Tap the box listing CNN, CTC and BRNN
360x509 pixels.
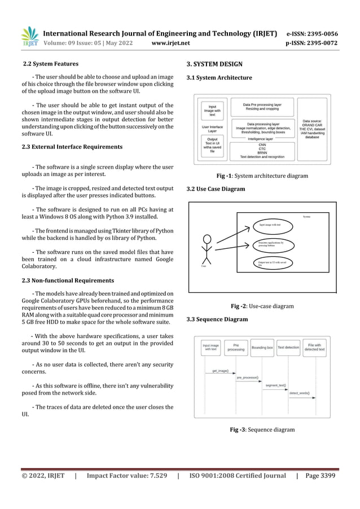262,149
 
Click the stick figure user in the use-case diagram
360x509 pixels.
207,248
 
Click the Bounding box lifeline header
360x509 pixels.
262,348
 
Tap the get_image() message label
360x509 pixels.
220,371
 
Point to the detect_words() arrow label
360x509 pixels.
304,392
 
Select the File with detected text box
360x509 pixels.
314,347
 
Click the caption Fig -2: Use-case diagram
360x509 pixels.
262,306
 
